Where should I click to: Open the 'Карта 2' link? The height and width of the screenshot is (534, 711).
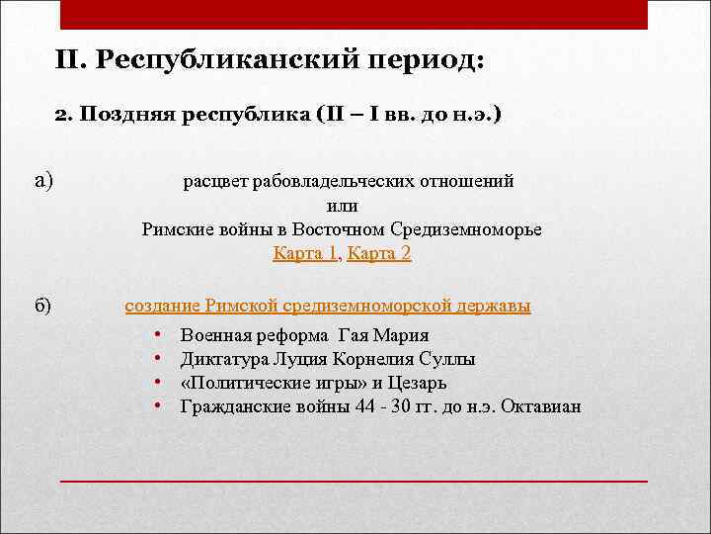click(379, 253)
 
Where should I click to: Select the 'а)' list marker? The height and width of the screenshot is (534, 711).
click(43, 180)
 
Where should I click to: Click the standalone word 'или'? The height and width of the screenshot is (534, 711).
click(342, 206)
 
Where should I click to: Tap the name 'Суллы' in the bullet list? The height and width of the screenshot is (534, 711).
click(449, 358)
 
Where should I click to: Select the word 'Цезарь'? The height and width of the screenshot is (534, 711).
click(419, 382)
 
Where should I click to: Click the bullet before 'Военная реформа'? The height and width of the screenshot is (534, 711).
click(159, 334)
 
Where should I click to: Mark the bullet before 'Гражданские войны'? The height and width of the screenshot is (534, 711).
click(159, 405)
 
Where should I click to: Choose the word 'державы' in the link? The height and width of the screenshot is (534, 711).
click(499, 306)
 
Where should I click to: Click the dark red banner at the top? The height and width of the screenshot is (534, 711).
click(354, 14)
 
